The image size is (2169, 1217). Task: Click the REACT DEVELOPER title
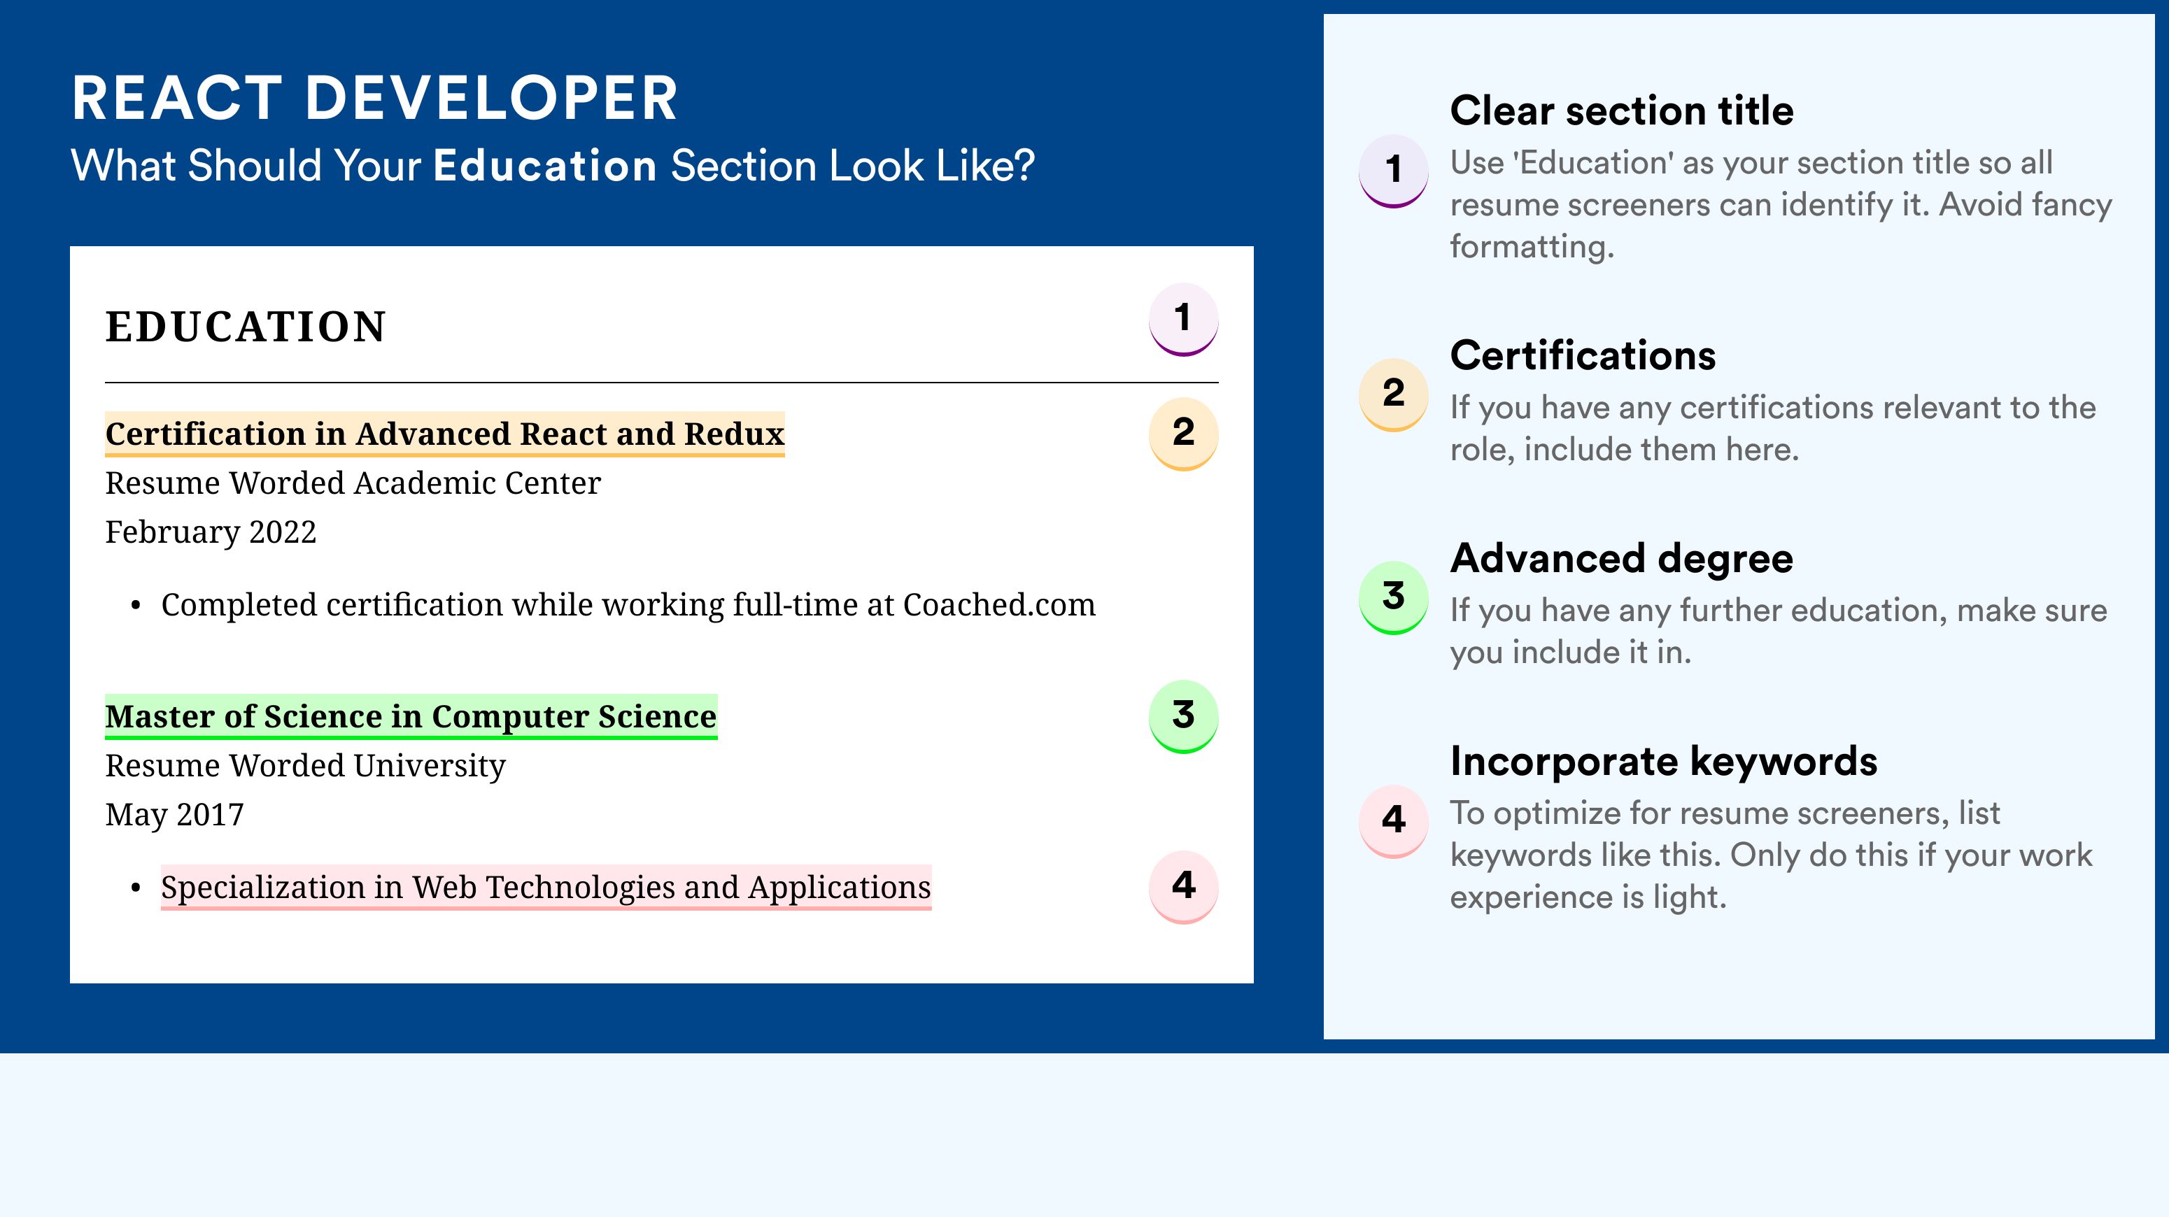(x=375, y=99)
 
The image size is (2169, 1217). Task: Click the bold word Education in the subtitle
(x=545, y=165)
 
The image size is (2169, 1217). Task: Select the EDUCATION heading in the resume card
(x=245, y=327)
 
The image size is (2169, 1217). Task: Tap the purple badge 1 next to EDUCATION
(x=1183, y=319)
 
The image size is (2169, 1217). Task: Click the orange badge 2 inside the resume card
(x=1183, y=434)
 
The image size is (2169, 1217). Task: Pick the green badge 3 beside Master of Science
(x=1183, y=716)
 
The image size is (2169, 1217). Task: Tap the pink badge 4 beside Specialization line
(x=1183, y=887)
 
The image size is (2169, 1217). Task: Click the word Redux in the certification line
(x=734, y=434)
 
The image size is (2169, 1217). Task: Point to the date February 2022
(x=211, y=533)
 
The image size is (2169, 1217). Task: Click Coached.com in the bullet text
(x=999, y=604)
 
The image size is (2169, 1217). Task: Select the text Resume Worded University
(x=306, y=766)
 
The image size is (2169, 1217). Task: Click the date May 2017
(x=174, y=815)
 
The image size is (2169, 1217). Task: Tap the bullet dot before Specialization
(x=136, y=888)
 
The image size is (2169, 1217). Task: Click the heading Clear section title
(x=1622, y=111)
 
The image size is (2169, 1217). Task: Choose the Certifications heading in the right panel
(x=1583, y=355)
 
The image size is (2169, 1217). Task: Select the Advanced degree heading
(x=1622, y=559)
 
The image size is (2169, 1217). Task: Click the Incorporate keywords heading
(x=1664, y=762)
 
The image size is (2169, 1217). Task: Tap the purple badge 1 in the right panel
(x=1394, y=171)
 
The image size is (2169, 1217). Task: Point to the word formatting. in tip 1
(x=1532, y=247)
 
